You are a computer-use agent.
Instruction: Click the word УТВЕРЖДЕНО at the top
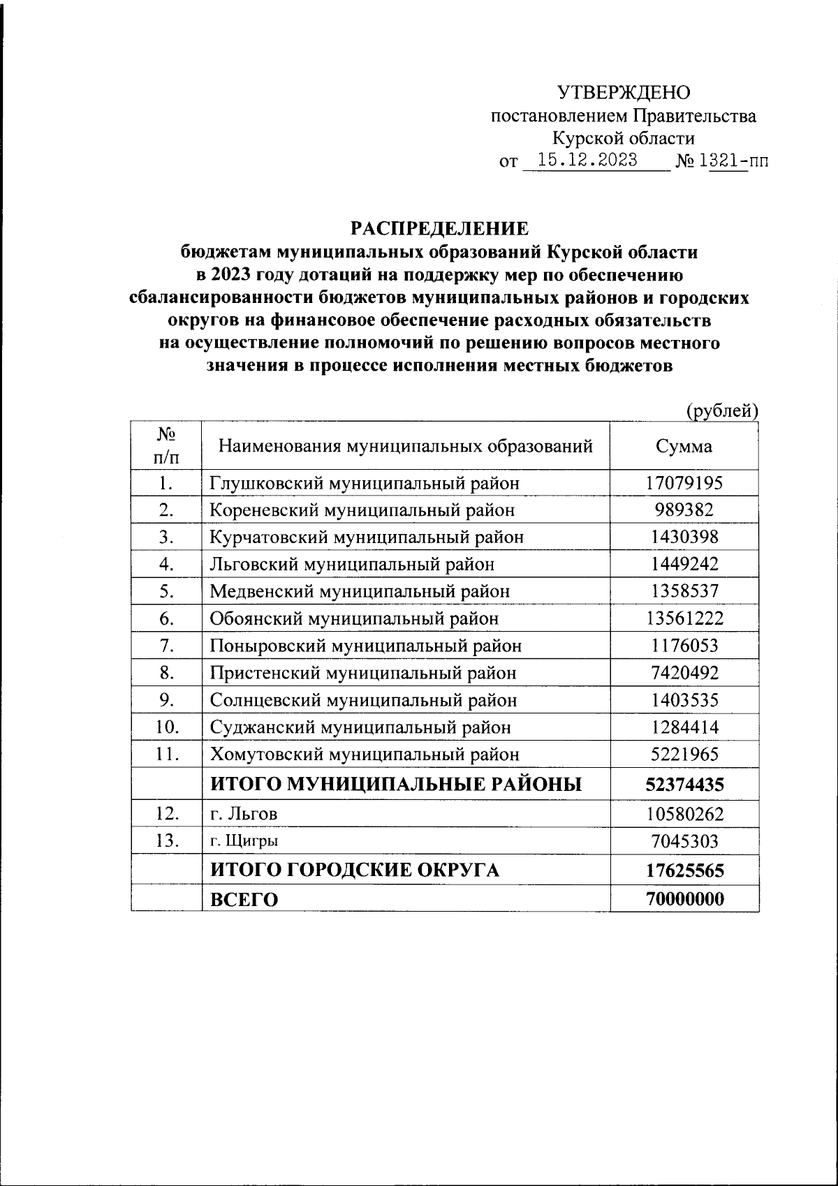click(624, 92)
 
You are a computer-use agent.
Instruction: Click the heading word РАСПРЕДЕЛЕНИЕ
click(440, 229)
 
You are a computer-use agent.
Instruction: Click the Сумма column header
click(684, 446)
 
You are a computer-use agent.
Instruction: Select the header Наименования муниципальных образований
click(406, 445)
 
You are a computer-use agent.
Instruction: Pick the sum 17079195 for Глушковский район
click(684, 482)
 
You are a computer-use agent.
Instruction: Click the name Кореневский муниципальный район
click(362, 510)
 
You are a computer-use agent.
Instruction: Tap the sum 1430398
click(684, 537)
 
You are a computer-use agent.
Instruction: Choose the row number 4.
click(166, 564)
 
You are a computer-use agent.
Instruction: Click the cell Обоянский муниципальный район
click(355, 618)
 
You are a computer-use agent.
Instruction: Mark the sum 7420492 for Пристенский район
click(684, 673)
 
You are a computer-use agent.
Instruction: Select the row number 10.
click(166, 727)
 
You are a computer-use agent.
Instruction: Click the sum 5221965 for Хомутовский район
click(684, 755)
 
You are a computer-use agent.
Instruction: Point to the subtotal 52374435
click(684, 785)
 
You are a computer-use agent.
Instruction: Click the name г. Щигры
click(244, 842)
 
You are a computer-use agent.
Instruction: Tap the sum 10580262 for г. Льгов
click(684, 814)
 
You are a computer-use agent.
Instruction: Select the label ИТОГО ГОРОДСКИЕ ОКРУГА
click(355, 870)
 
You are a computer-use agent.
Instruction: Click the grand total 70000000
click(684, 899)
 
